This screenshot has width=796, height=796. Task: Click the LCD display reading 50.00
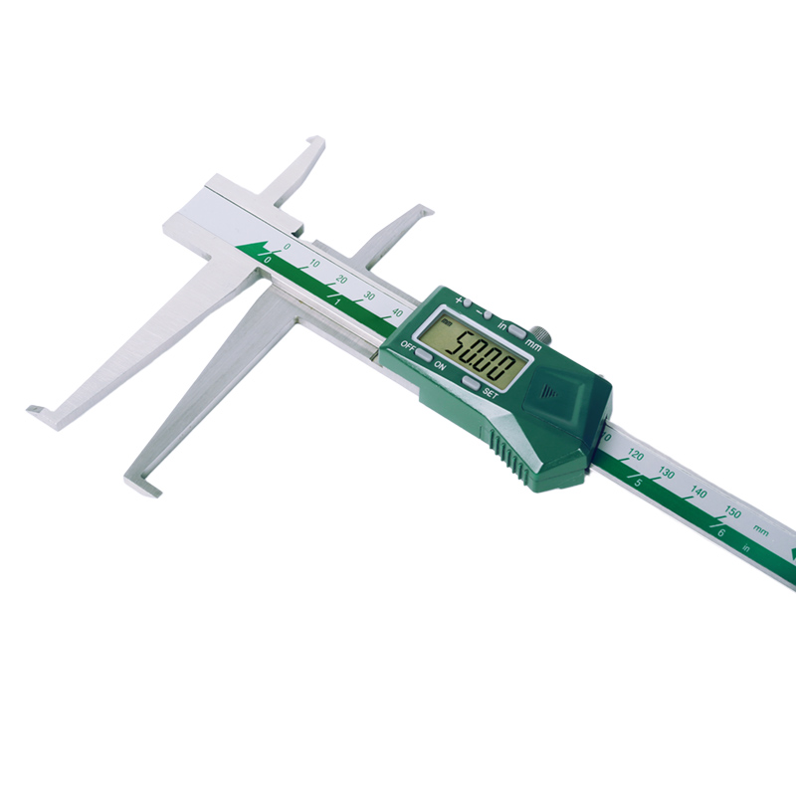[x=471, y=349]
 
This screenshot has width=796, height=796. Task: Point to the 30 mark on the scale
[x=369, y=295]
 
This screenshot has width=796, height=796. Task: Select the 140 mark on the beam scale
[x=698, y=493]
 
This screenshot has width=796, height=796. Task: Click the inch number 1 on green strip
[x=337, y=300]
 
